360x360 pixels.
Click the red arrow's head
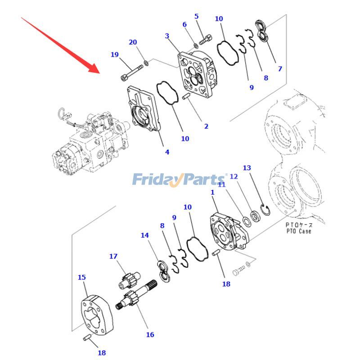[x=94, y=69]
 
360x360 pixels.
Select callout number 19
[x=115, y=54]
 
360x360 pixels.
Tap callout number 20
[x=133, y=42]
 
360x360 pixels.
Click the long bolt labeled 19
[x=132, y=72]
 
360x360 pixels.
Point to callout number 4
[x=167, y=152]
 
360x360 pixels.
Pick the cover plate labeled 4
[x=144, y=109]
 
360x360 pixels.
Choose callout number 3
[x=167, y=36]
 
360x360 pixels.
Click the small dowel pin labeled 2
[x=185, y=96]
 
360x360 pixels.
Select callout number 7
[x=280, y=69]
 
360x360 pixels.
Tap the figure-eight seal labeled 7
[x=262, y=31]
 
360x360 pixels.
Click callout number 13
[x=247, y=168]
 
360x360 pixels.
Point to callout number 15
[x=82, y=277]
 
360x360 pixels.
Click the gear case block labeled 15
[x=97, y=315]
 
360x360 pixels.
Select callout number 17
[x=113, y=256]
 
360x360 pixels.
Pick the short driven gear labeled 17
[x=129, y=280]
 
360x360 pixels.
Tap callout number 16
[x=150, y=335]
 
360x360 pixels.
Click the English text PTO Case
[x=299, y=231]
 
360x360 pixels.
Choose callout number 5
[x=196, y=17]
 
